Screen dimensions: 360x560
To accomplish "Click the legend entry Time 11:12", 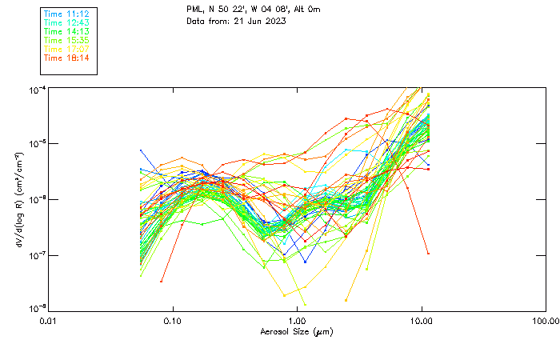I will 66,14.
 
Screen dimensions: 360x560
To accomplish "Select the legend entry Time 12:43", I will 66,23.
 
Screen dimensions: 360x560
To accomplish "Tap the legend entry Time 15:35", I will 66,40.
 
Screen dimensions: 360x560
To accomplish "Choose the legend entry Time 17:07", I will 66,49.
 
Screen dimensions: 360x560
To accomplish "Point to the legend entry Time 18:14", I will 66,58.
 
